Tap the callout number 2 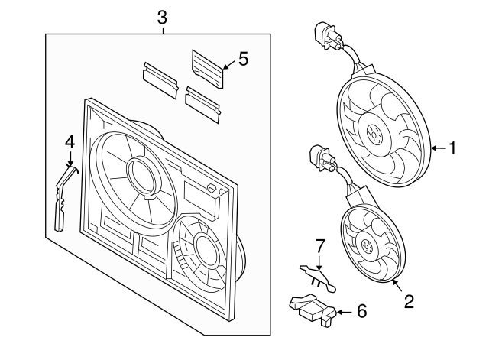pyautogui.click(x=409, y=302)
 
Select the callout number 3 pyautogui.click(x=162, y=17)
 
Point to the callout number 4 pyautogui.click(x=70, y=141)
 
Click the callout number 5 pyautogui.click(x=243, y=59)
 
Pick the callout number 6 pyautogui.click(x=361, y=311)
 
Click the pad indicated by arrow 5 pyautogui.click(x=206, y=62)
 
